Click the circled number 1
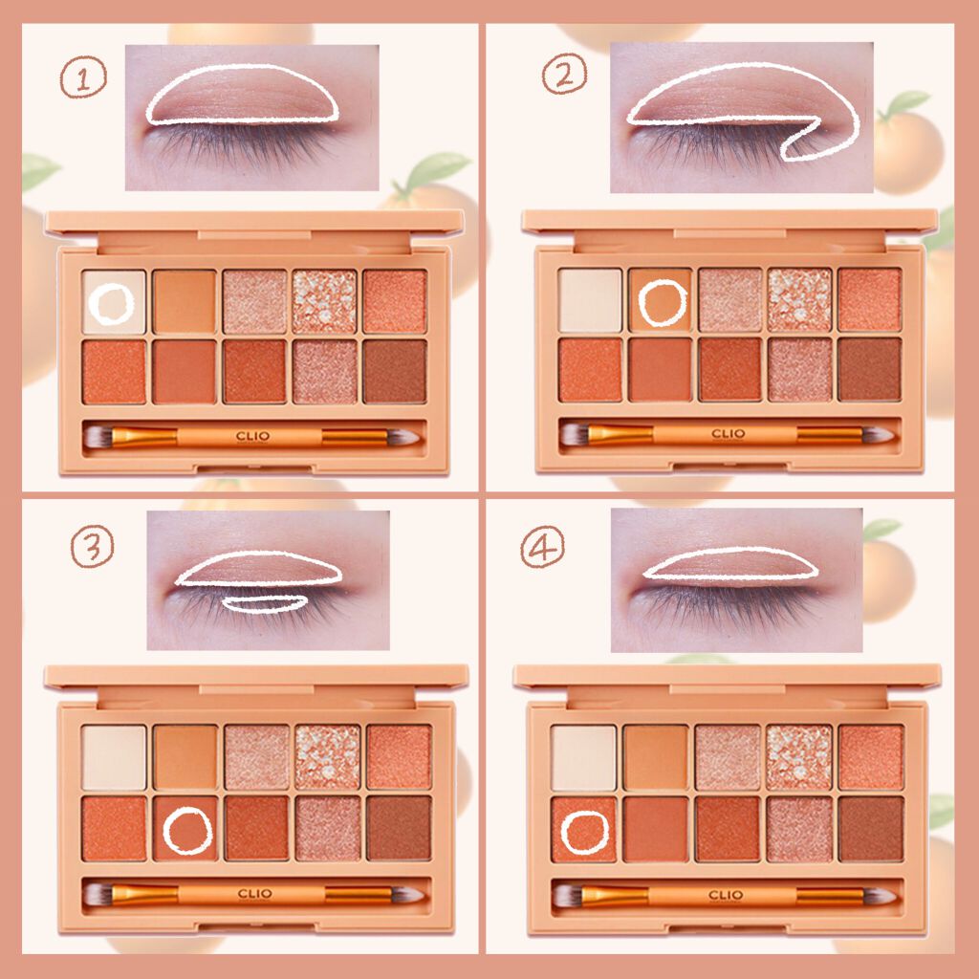pyautogui.click(x=83, y=76)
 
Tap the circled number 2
pyautogui.click(x=564, y=74)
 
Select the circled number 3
pyautogui.click(x=93, y=546)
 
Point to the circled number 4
pyautogui.click(x=543, y=547)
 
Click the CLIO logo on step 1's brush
pyautogui.click(x=252, y=436)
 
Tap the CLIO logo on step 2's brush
pyautogui.click(x=728, y=433)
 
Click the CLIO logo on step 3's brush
pyautogui.click(x=254, y=894)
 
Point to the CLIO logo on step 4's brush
pyautogui.click(x=726, y=895)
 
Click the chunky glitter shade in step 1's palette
pyautogui.click(x=325, y=301)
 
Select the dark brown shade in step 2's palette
pyautogui.click(x=870, y=370)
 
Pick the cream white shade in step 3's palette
pyautogui.click(x=114, y=757)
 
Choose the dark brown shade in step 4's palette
pyautogui.click(x=872, y=829)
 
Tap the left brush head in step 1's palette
pyautogui.click(x=98, y=436)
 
